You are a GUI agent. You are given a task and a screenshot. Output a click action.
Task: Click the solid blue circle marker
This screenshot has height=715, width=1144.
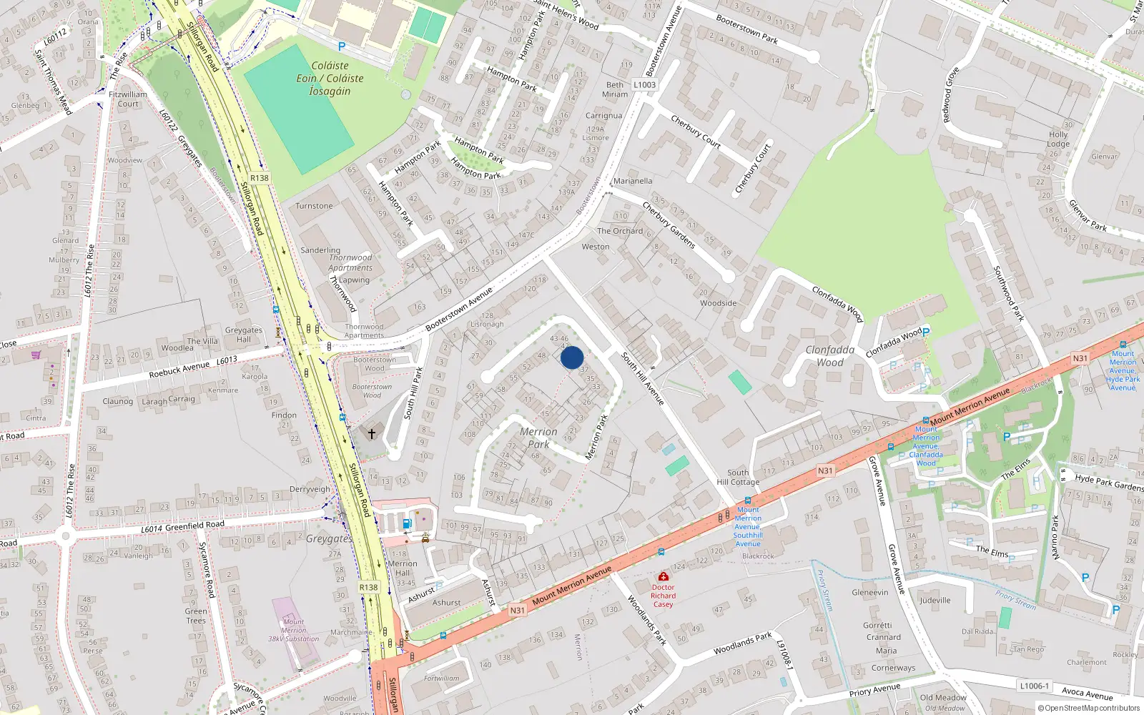(572, 357)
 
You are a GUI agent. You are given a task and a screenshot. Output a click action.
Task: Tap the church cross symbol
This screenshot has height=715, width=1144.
(371, 433)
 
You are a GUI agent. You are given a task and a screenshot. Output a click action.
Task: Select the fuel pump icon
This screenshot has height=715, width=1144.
(408, 523)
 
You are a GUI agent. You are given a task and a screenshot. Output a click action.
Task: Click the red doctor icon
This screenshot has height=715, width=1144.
(663, 576)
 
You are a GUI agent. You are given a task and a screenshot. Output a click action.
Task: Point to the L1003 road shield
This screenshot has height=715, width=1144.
(644, 84)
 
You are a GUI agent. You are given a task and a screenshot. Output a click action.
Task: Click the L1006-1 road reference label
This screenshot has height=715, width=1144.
(1034, 686)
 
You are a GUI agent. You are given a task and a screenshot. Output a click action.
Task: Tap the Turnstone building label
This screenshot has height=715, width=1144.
(314, 206)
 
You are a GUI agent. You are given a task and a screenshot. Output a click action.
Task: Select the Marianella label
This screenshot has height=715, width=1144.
(633, 181)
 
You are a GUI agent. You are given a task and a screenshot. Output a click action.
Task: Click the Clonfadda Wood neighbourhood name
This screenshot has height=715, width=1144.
(830, 356)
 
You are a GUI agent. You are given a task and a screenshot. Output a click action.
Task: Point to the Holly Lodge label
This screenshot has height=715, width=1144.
(1058, 139)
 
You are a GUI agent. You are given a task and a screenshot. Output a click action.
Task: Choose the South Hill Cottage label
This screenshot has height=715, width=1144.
(739, 477)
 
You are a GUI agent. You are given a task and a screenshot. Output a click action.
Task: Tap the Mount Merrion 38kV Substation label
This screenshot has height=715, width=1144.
(293, 630)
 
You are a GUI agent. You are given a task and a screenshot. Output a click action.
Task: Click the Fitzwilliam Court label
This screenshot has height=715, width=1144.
(128, 99)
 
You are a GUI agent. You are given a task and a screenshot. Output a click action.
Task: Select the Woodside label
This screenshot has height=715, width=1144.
(718, 303)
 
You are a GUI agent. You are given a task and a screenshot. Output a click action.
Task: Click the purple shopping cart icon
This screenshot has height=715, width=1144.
(36, 354)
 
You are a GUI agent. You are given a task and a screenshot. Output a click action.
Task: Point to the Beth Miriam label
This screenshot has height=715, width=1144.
(615, 89)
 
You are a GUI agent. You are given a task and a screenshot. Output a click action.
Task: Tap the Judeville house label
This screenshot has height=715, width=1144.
(935, 600)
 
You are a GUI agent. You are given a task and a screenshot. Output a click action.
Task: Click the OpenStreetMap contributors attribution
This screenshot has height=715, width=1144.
(1090, 709)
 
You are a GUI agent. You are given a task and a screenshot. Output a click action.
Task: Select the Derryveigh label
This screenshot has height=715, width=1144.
(310, 490)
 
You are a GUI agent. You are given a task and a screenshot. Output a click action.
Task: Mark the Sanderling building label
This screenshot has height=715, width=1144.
(320, 250)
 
